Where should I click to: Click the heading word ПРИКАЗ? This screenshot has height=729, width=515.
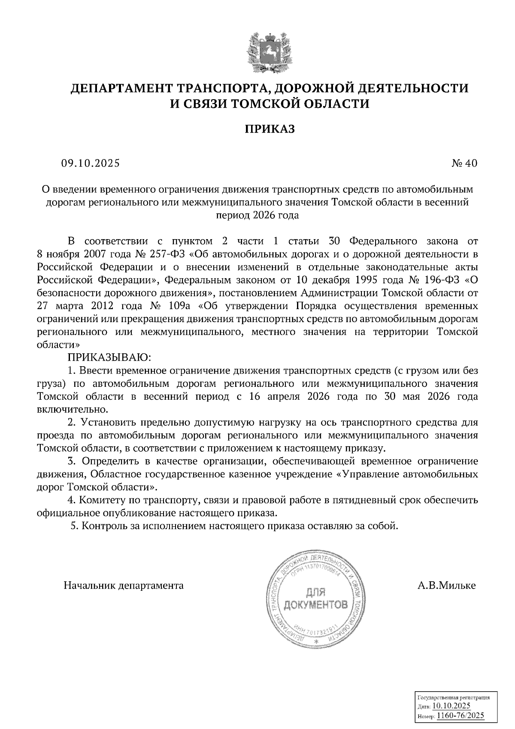[270, 129]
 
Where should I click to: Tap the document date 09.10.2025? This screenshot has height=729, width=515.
[90, 164]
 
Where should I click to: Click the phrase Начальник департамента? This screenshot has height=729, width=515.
[124, 586]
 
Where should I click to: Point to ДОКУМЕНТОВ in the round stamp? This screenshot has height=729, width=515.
[315, 606]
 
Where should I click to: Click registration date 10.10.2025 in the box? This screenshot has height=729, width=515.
[451, 706]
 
